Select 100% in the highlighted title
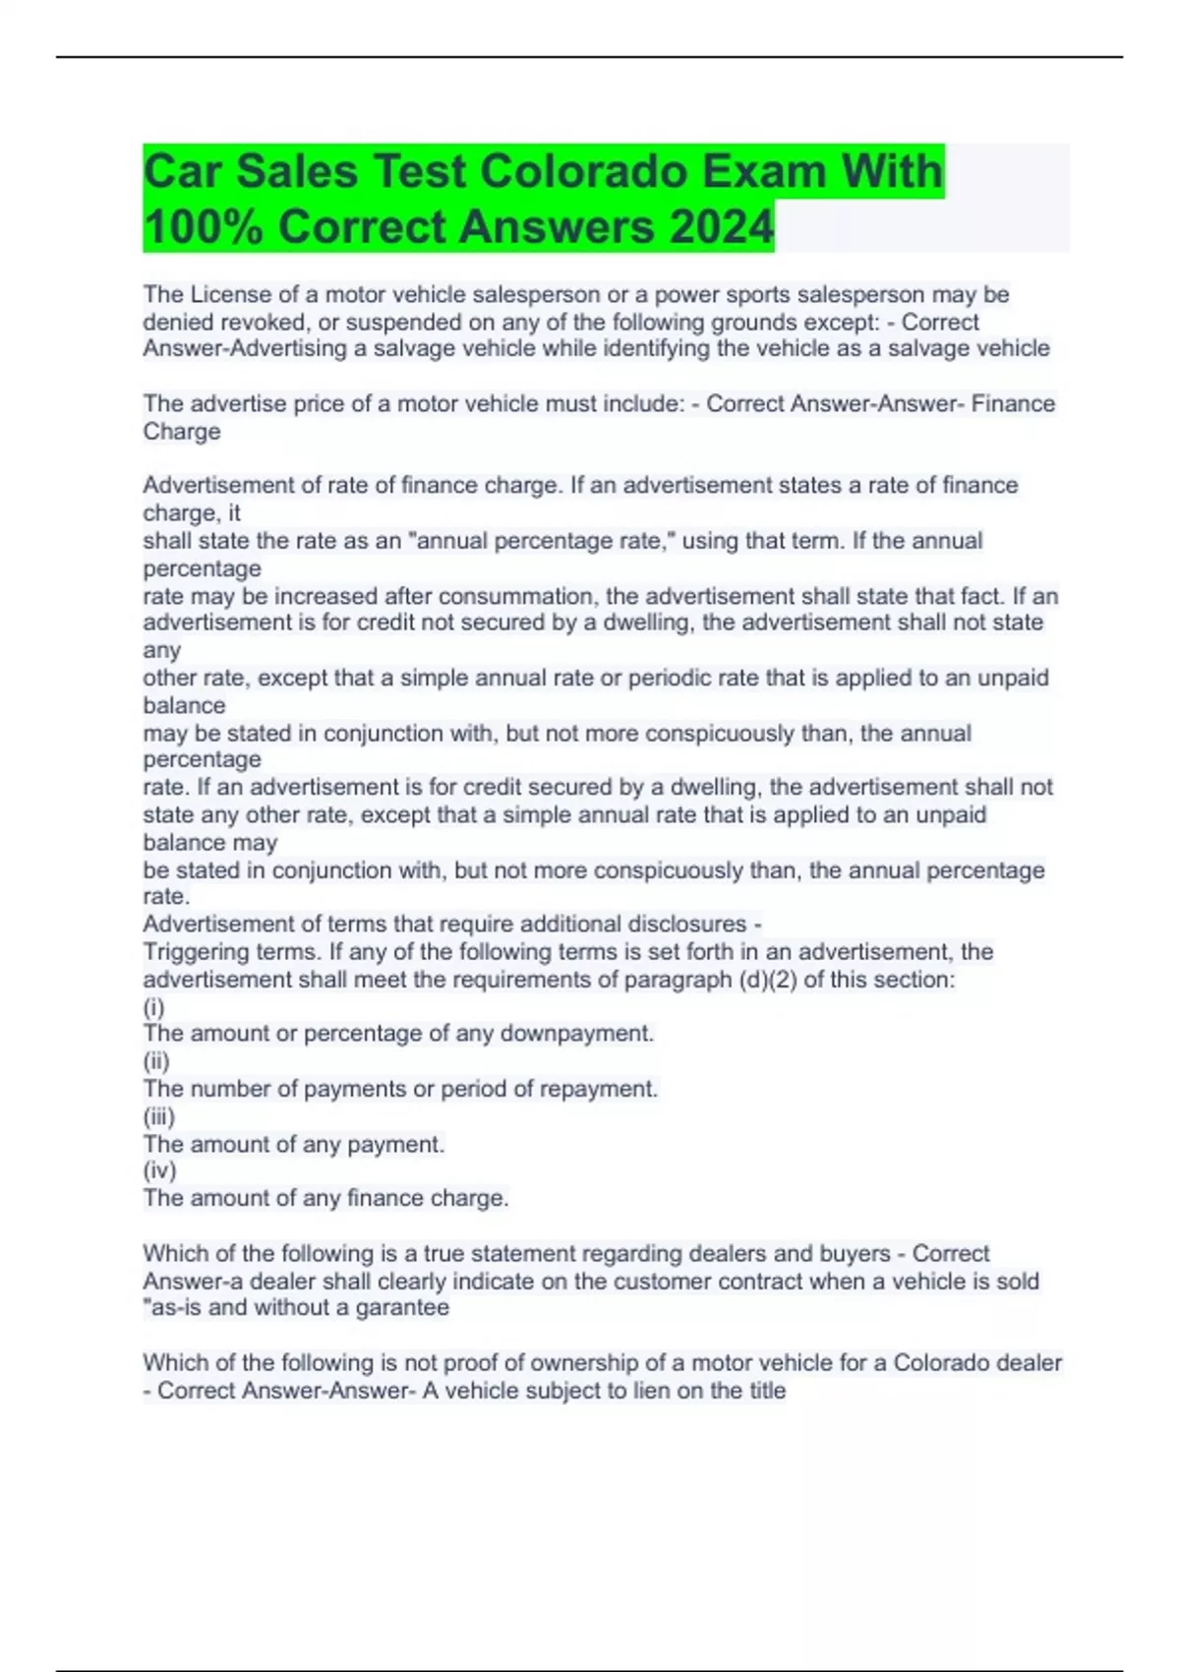click(x=203, y=227)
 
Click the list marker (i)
click(x=153, y=1006)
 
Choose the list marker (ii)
click(x=156, y=1061)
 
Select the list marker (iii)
click(x=159, y=1116)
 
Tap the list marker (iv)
click(x=159, y=1170)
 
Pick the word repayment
click(x=605, y=1089)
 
